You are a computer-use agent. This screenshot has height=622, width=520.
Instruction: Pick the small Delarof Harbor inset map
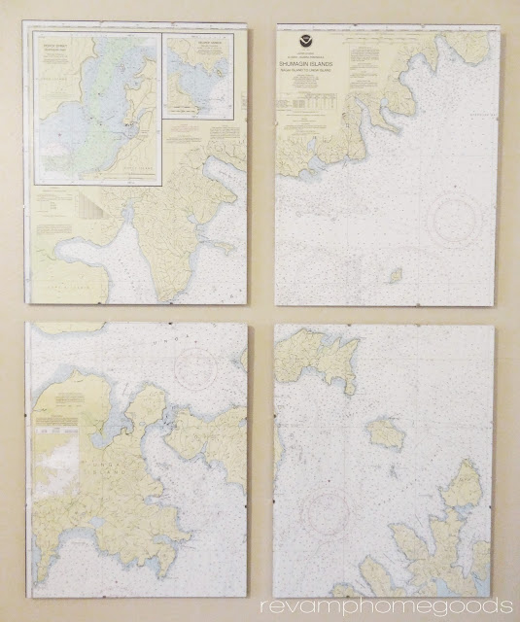pyautogui.click(x=198, y=78)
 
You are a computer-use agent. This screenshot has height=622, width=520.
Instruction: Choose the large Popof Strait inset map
pyautogui.click(x=96, y=108)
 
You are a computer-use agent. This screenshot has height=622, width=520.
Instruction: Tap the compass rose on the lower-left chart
pyautogui.click(x=196, y=366)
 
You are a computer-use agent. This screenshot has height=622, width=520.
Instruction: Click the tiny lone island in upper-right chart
pyautogui.click(x=396, y=275)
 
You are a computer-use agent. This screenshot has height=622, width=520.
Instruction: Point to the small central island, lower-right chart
pyautogui.click(x=386, y=432)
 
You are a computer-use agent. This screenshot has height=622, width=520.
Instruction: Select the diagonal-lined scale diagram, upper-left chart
pyautogui.click(x=86, y=206)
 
